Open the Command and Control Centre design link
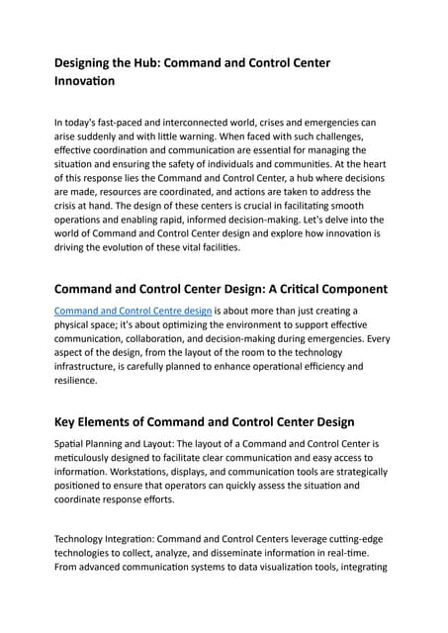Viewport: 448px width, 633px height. [133, 310]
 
